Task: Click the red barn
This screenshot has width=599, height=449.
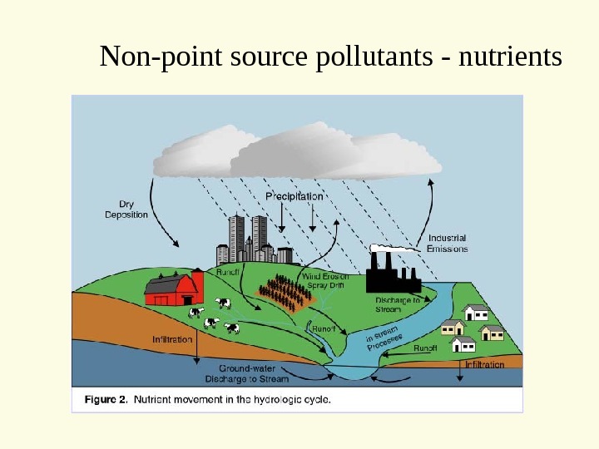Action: (x=174, y=288)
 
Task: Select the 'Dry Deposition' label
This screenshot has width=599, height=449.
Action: (x=126, y=208)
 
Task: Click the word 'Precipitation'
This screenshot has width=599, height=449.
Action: (x=294, y=196)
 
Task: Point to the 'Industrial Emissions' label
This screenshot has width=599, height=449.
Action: (x=447, y=243)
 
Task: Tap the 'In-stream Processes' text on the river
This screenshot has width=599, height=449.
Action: (x=384, y=339)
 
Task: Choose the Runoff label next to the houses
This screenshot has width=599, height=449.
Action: (x=425, y=348)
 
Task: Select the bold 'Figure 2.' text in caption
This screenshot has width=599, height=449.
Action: (x=106, y=399)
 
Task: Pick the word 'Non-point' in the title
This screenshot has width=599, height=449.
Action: (x=147, y=57)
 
